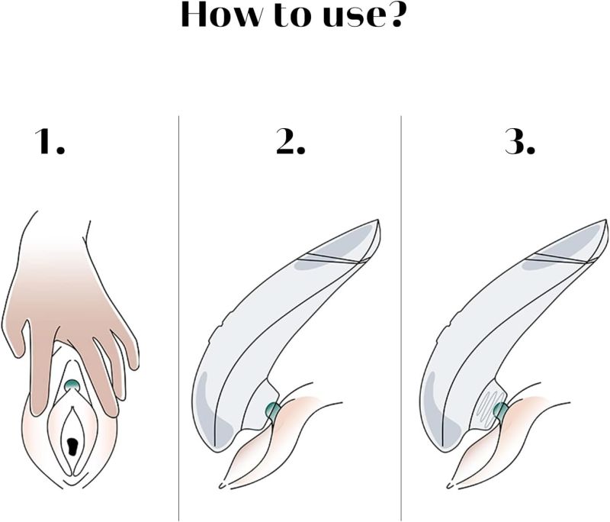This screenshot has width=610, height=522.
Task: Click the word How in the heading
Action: point(221,14)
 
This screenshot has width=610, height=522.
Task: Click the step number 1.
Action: point(50,141)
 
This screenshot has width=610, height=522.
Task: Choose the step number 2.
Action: point(291,141)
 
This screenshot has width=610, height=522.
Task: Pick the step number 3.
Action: point(520,141)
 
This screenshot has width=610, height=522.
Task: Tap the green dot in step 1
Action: point(72,385)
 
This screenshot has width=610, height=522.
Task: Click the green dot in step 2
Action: point(273,411)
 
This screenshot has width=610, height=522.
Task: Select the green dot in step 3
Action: point(500,411)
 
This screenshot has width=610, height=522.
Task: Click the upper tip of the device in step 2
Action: point(378,221)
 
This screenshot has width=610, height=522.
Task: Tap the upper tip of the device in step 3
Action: point(605,221)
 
